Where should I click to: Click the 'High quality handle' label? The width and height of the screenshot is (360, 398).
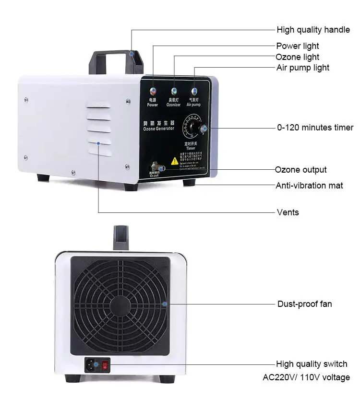tap(313, 30)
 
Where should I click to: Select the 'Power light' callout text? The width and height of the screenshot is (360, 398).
tap(297, 46)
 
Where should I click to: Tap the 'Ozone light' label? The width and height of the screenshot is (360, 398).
tap(298, 57)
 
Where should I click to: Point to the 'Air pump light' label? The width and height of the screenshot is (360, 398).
tap(303, 68)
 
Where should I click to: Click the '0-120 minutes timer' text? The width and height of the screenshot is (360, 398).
tap(315, 128)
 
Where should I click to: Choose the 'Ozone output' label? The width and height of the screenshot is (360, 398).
tap(301, 170)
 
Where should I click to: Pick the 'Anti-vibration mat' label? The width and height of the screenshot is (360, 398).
tap(309, 185)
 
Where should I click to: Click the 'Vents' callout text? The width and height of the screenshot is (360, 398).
tap(288, 212)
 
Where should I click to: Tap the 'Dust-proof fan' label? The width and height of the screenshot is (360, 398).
tap(304, 304)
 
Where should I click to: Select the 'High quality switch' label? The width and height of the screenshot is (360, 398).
tap(312, 364)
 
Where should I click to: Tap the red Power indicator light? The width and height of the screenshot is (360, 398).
tap(153, 92)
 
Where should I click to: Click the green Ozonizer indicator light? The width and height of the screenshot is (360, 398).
tap(173, 91)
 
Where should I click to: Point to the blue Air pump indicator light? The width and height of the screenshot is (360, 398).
tap(194, 91)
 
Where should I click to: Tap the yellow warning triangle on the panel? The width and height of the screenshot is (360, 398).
tap(175, 162)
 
